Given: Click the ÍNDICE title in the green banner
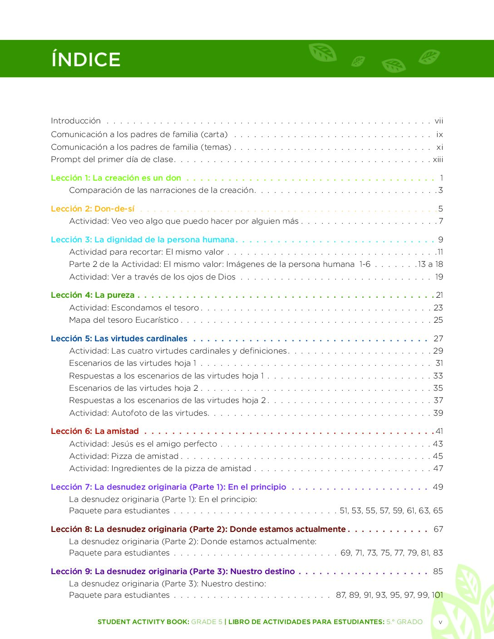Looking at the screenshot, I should click(86, 59).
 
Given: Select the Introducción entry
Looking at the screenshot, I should click(76, 121).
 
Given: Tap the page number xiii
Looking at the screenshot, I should click(438, 159).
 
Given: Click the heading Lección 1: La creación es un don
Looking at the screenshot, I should click(116, 178).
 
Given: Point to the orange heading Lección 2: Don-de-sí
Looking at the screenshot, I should click(93, 209).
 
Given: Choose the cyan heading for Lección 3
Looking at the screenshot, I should click(143, 240).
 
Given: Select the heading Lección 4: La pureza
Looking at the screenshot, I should click(93, 295).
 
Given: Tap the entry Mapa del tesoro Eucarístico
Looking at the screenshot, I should click(123, 320).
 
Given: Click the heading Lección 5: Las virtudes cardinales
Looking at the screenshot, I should click(119, 339).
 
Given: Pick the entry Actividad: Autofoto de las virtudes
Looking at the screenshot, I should click(139, 413).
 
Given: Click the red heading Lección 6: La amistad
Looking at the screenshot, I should click(95, 431).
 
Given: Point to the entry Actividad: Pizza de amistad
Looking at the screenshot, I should click(123, 456).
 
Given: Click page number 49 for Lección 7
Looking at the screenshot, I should click(438, 487).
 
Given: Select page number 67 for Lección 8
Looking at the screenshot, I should click(438, 529).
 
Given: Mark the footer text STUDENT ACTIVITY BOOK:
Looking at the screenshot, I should click(143, 622).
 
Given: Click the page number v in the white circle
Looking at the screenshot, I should click(440, 622).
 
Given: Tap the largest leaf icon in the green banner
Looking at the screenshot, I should click(323, 53).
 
